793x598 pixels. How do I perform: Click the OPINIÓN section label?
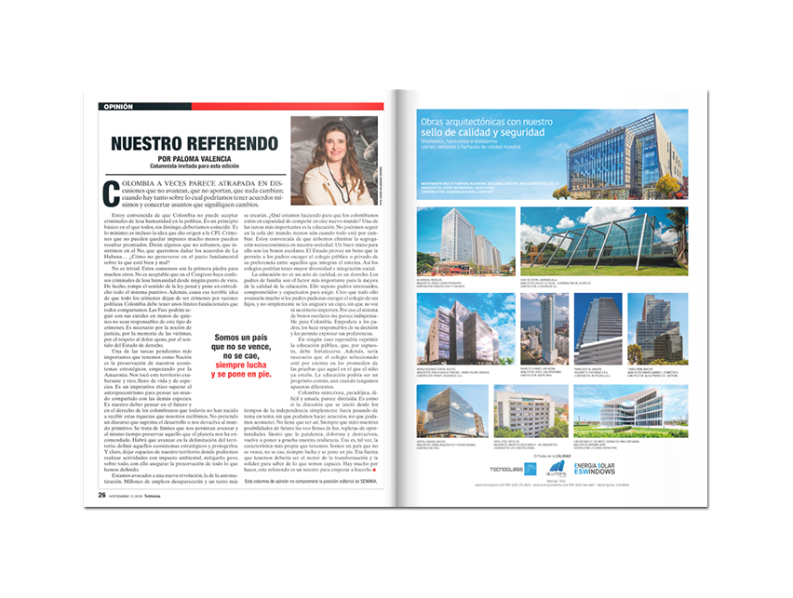click(117, 107)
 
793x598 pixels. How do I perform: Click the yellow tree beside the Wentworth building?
click(666, 182)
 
